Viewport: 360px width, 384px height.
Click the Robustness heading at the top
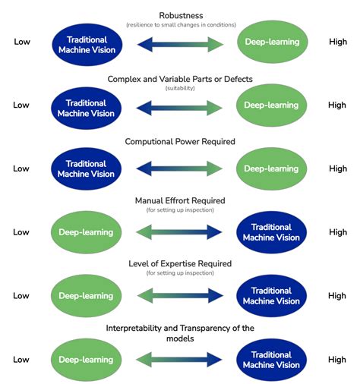(180, 15)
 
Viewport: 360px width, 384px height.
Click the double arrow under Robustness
(180, 42)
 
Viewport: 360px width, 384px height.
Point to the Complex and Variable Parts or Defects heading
(180, 78)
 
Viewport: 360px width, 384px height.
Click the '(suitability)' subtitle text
(180, 88)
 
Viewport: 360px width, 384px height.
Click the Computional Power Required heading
(180, 142)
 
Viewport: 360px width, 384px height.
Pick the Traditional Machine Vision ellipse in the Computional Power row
(86, 168)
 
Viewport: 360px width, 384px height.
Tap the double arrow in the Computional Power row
(180, 169)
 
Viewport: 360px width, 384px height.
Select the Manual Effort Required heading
(180, 200)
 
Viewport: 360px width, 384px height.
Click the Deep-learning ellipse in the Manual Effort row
(86, 232)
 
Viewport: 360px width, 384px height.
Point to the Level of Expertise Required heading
(180, 263)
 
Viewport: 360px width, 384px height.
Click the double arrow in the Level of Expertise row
(180, 296)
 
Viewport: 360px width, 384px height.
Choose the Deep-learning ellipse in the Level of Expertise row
(86, 296)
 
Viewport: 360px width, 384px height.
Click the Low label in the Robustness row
(21, 42)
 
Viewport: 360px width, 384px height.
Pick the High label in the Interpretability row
(337, 360)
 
